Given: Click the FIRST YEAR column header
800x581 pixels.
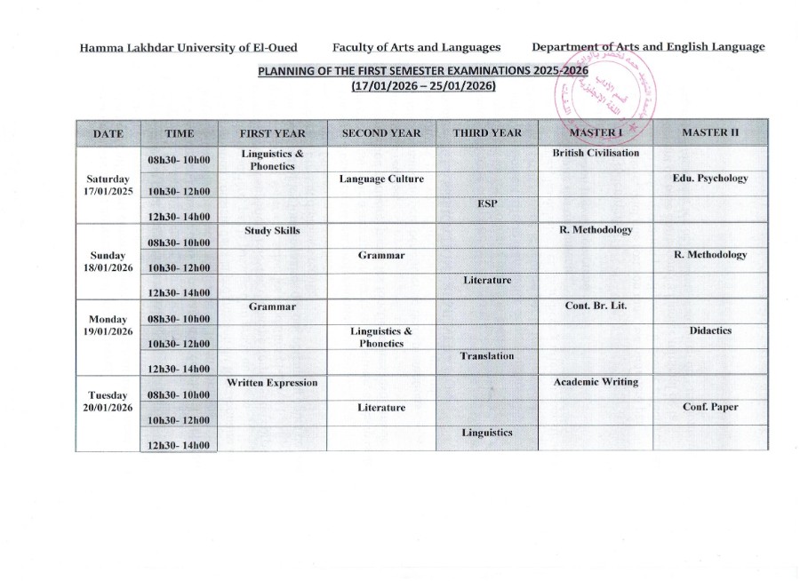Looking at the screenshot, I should coord(272,133).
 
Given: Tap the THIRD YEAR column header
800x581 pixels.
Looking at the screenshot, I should coord(487,133).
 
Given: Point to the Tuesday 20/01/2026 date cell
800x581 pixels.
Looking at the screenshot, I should coord(109,401).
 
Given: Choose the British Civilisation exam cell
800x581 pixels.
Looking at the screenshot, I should coord(596,153).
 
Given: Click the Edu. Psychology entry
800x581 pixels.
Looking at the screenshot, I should coord(710,178).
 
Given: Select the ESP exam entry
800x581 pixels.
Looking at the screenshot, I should coord(487,203).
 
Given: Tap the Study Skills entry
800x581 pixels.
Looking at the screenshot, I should coord(272,230).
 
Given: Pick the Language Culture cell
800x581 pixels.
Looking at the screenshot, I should coord(381,179).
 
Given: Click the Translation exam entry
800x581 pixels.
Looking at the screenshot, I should coord(487,356).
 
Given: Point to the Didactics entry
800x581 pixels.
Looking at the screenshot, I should coord(710,330).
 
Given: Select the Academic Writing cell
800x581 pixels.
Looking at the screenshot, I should coord(596,382).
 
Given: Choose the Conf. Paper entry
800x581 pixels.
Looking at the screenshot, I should coord(710,408).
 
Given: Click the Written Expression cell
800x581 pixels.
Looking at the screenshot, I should coord(272,383).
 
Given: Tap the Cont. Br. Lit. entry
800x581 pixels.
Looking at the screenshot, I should coord(596,306).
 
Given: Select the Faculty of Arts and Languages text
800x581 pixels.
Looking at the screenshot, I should coord(416,47).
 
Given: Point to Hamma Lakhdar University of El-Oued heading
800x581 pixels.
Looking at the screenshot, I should coord(188,47).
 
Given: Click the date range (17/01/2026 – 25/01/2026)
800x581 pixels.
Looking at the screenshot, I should coord(423,86).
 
